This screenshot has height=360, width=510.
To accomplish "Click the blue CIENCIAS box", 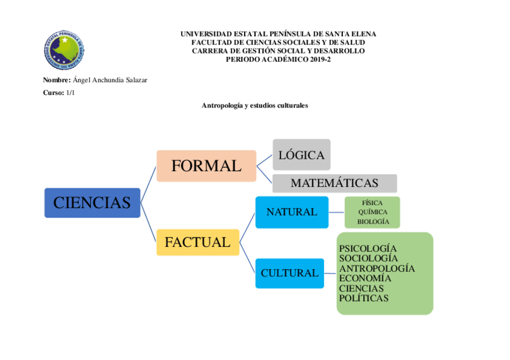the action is point(92,203).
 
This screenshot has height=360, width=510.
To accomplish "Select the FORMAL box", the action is point(206,166).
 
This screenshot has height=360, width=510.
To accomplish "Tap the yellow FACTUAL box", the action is point(197,242).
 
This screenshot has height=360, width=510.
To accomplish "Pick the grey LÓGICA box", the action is point(301,155).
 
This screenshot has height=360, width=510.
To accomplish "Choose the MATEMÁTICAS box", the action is point(334,183).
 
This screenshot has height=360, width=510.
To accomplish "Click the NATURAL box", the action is point(292,212).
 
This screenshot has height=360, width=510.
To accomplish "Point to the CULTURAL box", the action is point(289,273).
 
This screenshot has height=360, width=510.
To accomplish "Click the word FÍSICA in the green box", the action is point(372,203).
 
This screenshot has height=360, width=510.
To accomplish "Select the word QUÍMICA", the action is point(373,212).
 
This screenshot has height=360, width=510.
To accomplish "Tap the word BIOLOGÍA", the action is point(373,222).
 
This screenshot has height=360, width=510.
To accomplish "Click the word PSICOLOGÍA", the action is point(368,248).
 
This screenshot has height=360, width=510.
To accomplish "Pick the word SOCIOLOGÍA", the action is point(368,258).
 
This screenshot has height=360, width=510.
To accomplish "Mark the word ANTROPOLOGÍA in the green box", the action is point(376,268).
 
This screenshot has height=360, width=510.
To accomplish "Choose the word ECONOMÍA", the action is point(365,278).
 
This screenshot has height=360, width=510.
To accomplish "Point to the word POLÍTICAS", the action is point(363,298).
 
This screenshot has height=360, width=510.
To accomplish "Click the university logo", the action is point(64,49).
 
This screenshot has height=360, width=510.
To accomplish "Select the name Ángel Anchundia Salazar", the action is point(109,81).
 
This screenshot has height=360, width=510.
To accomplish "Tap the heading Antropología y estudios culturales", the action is point(254,105).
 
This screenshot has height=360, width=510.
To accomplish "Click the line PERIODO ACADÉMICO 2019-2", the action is point(278,59).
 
